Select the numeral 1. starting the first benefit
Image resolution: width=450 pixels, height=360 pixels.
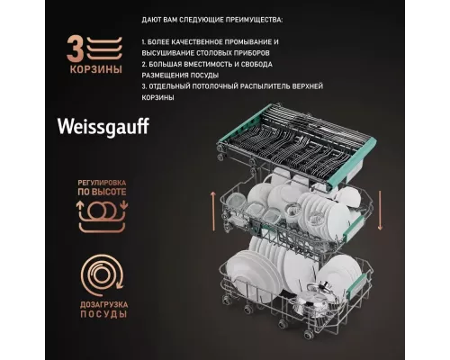point(145,42)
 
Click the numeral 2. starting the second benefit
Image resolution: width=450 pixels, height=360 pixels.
point(145,64)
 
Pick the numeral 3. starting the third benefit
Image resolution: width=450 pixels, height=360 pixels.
point(145,85)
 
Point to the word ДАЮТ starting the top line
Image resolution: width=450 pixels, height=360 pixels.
point(153,19)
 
